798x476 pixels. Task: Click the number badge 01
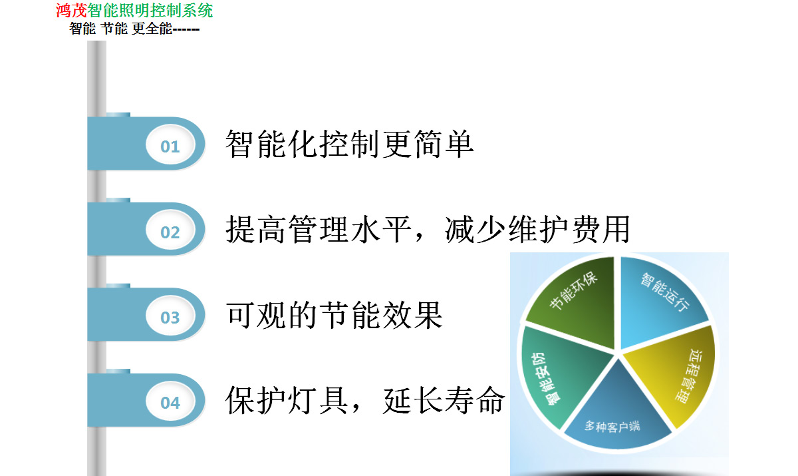(x=170, y=146)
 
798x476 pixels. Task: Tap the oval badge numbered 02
(x=170, y=231)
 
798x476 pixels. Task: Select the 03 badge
(x=170, y=317)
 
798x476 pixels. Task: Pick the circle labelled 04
(x=170, y=402)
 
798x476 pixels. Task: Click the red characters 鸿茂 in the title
(x=71, y=11)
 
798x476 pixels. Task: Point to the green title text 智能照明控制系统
(x=150, y=11)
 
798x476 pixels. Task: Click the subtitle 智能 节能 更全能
(x=121, y=29)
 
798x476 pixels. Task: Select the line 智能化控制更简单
(x=350, y=144)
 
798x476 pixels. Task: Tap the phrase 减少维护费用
(x=537, y=230)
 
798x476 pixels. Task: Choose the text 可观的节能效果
(x=334, y=315)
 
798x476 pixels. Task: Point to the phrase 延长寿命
(x=444, y=400)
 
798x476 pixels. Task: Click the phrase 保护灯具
(x=287, y=400)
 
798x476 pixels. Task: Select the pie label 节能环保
(x=573, y=290)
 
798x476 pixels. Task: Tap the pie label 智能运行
(x=665, y=292)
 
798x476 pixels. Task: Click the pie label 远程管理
(x=690, y=376)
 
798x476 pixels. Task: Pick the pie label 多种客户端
(x=612, y=427)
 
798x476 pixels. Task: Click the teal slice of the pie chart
(x=562, y=374)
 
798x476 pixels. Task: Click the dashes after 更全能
(x=186, y=29)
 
